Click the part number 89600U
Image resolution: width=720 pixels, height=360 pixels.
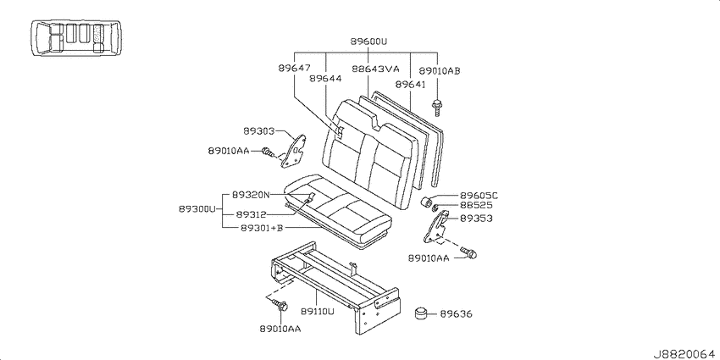point(368,42)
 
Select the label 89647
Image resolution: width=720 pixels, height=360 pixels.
point(294,68)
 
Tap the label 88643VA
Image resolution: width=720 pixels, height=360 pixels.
point(375,69)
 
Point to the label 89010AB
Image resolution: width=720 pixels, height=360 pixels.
point(440,70)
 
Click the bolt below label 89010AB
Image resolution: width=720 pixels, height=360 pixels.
point(435,107)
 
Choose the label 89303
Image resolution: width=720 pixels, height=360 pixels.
point(258,131)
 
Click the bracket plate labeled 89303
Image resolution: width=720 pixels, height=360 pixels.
point(294,151)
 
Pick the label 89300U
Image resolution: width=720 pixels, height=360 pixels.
point(197,209)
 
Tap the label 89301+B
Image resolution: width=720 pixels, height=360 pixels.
point(261,227)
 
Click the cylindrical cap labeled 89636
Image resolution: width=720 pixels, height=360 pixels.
point(422,314)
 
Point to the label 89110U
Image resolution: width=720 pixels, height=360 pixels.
point(318,312)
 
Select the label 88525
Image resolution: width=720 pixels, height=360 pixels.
point(476,205)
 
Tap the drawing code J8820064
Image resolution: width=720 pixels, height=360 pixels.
point(685,354)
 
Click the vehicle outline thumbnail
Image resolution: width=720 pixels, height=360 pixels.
point(76,38)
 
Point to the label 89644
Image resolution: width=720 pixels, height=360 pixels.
point(325,79)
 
